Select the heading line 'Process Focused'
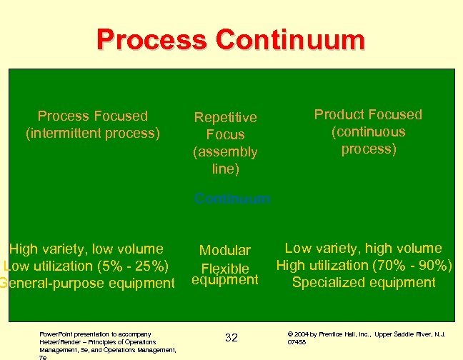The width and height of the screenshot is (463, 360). pos(93,116)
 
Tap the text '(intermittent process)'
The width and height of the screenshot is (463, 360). pos(93,133)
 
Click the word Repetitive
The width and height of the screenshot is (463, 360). pos(225,117)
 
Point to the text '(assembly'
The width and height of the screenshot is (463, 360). pos(225,151)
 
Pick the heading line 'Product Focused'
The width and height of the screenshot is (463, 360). pos(368,114)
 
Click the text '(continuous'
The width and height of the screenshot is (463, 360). pos(368,131)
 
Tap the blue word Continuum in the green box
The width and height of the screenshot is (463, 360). pos(232,199)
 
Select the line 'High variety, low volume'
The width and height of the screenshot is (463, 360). pos(86,249)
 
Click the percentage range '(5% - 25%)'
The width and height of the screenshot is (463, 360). pos(136,266)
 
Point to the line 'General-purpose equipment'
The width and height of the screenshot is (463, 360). pos(87,283)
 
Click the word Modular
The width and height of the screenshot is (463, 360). pos(225,250)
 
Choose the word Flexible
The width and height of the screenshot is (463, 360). pos(225,269)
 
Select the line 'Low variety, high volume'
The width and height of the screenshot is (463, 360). pos(364,248)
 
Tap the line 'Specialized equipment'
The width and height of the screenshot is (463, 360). pos(364,282)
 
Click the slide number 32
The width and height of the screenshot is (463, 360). pos(231,337)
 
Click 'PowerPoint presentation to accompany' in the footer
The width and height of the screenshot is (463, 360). pos(95,334)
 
